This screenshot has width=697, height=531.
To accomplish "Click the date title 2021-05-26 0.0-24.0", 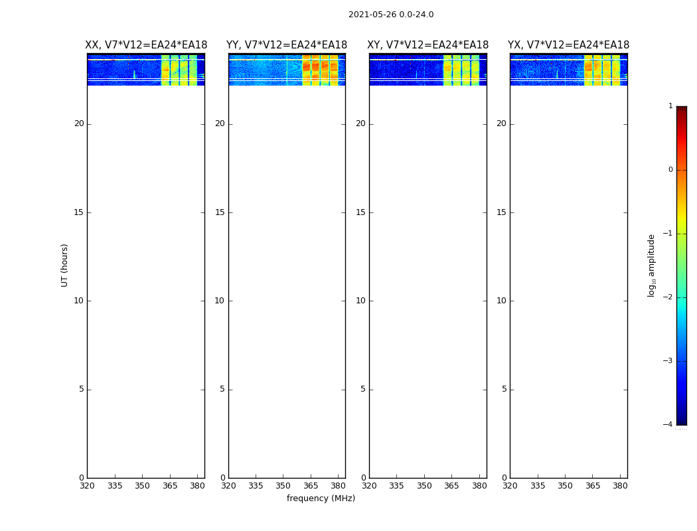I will click(x=391, y=15).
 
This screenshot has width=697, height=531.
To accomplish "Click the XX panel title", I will click(x=146, y=45).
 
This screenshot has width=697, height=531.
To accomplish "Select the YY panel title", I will click(x=287, y=45).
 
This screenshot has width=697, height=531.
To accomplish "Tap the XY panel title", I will click(x=428, y=45).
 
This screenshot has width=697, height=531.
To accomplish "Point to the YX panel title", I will click(x=568, y=45).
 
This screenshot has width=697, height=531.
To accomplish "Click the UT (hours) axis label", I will click(x=64, y=265).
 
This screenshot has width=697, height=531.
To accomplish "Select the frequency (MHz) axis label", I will click(x=321, y=498).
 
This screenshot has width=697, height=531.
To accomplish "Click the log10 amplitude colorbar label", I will click(x=652, y=265).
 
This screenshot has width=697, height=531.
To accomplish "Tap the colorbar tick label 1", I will click(x=670, y=106).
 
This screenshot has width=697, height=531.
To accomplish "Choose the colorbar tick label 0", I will click(x=670, y=170).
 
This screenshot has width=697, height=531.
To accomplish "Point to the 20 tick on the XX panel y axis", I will click(x=79, y=123).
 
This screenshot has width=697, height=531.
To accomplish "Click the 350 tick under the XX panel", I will click(x=142, y=486).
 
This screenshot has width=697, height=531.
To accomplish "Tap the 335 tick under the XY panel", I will click(x=396, y=486).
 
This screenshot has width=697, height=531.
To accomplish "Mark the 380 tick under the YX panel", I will click(x=620, y=486).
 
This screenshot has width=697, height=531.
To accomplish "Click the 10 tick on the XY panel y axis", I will click(x=360, y=301).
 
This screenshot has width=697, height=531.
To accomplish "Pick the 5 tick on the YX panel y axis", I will click(x=504, y=390).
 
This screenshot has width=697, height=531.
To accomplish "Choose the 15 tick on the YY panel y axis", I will click(x=220, y=212).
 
